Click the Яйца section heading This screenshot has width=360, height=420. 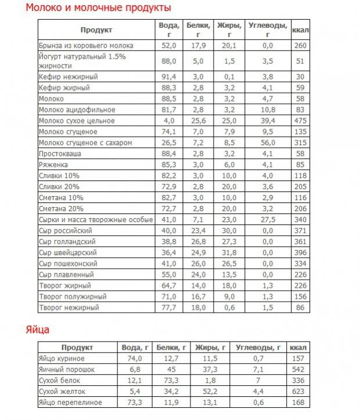click(37, 330)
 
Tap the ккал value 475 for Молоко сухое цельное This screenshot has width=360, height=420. click(300, 121)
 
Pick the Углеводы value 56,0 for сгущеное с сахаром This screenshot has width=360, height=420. click(268, 143)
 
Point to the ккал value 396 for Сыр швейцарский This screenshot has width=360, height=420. click(300, 253)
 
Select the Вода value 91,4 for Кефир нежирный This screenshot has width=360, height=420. click(169, 77)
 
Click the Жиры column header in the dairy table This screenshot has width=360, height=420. click(229, 29)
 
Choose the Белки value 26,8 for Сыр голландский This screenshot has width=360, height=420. click(199, 242)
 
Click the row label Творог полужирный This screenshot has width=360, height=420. click(73, 296)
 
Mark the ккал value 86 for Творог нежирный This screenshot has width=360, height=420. click(300, 307)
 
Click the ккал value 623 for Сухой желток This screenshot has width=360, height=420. click(300, 391)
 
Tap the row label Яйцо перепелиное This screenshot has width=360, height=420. click(70, 402)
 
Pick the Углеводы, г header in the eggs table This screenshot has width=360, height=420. click(259, 347)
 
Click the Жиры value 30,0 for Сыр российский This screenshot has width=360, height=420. click(229, 231)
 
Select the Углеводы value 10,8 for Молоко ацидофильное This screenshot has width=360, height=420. click(268, 110)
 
